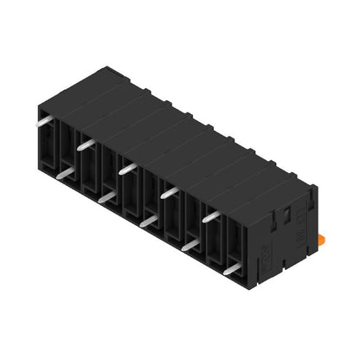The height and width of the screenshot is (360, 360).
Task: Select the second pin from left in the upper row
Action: tap(86, 145)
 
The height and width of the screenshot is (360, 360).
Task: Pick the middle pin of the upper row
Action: tap(127, 167)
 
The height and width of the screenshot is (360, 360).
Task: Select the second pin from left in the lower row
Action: tap(106, 198)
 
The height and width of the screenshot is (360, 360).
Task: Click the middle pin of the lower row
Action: tap(149, 222)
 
